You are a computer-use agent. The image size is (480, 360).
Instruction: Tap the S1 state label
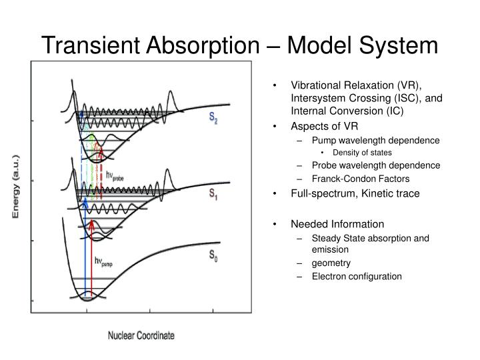[x=214, y=195]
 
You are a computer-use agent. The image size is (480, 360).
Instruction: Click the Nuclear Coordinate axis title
[x=141, y=335]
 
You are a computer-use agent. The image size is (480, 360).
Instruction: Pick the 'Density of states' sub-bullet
[x=353, y=153]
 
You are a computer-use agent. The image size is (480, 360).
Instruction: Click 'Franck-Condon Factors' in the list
[x=360, y=179]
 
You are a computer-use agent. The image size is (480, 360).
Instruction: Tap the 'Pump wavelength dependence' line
[x=375, y=141]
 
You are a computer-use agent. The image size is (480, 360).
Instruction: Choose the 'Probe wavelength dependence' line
[x=375, y=165]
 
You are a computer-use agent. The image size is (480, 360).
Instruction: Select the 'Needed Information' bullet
[x=337, y=223]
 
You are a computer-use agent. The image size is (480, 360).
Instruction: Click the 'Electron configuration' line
[x=357, y=276]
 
